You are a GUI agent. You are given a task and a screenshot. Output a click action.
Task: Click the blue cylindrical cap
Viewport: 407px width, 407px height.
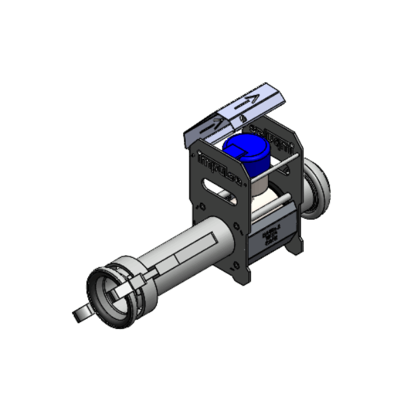tap(249, 157)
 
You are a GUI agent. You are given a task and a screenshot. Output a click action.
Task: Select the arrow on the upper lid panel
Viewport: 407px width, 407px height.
tap(249, 102)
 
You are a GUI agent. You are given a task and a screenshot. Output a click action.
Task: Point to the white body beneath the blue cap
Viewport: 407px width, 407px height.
tap(261, 197)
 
